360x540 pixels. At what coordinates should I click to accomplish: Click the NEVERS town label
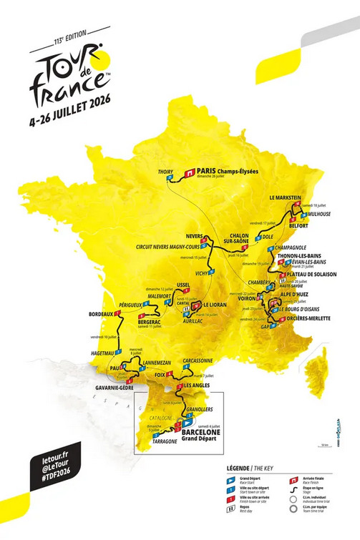pyautogui.click(x=195, y=235)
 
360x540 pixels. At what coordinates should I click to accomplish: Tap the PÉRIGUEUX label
pyautogui.click(x=132, y=305)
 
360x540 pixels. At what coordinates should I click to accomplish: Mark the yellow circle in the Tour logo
pyautogui.click(x=98, y=60)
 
